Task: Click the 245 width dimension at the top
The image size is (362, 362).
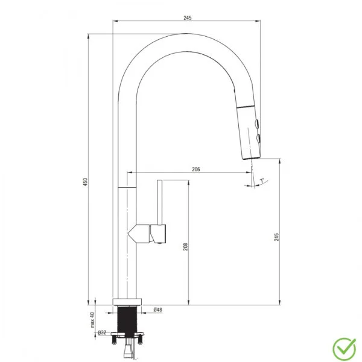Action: point(187,18)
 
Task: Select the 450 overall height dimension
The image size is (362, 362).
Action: point(86,180)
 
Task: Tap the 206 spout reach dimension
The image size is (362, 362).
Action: point(195,170)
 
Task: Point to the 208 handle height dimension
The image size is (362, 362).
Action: point(185,247)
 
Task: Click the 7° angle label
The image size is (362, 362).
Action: point(261,180)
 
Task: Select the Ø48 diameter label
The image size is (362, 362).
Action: point(157,310)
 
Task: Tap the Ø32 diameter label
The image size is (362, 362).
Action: point(102,332)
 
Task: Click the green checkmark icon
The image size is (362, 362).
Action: point(343,348)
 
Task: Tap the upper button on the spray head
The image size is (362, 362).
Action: point(258,125)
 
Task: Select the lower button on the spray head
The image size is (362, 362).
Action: point(258,139)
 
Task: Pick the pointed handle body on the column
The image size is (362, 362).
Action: point(140,232)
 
